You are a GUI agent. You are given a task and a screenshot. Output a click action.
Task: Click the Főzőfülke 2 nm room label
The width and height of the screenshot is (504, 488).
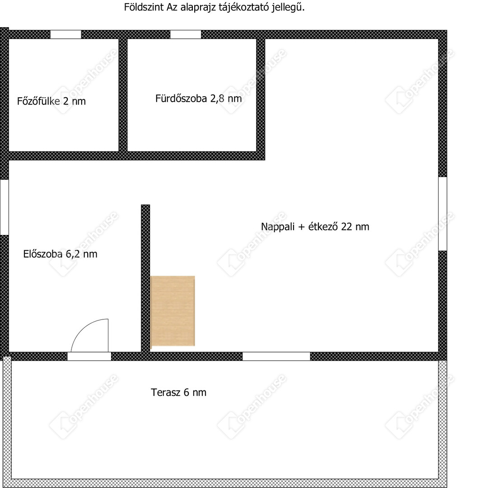click(x=51, y=101)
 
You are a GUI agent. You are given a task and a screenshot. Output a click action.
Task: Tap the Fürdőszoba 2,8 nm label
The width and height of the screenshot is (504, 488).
click(x=198, y=98)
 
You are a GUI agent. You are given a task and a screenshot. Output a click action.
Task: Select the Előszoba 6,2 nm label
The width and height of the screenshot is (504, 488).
click(x=60, y=254)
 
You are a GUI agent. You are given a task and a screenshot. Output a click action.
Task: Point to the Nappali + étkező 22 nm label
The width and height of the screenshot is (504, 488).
click(x=315, y=226)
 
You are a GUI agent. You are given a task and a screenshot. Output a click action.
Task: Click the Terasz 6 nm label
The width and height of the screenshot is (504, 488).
click(x=179, y=392)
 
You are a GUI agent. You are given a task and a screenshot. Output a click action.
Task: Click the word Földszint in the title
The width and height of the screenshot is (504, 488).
click(x=144, y=7)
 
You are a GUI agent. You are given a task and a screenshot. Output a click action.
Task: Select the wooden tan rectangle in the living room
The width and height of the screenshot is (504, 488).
click(x=173, y=311)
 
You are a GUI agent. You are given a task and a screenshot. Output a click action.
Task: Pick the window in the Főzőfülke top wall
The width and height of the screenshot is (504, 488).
click(x=66, y=34)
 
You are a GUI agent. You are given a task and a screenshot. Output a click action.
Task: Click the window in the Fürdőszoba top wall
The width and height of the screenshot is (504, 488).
click(x=186, y=34)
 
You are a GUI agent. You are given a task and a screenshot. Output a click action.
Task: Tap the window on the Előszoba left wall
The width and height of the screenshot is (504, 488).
click(x=4, y=207)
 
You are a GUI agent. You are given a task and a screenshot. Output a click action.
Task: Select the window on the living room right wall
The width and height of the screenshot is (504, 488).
click(x=443, y=214)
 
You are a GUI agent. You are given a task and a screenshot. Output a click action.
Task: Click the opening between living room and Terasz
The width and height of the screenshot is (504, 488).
click(x=276, y=357)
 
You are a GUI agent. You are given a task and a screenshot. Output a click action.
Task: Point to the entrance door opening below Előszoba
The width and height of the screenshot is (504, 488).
click(x=89, y=357)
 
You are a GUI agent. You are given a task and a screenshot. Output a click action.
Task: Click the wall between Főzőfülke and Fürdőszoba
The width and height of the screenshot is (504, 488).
click(x=123, y=95)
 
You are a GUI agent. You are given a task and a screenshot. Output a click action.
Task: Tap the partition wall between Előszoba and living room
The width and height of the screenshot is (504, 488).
click(x=145, y=278)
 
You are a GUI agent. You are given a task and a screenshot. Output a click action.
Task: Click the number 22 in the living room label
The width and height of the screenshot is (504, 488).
click(x=346, y=226)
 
